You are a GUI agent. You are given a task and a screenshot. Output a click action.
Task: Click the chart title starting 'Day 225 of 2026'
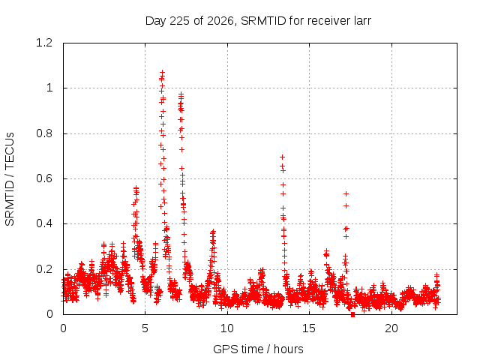tap(258, 21)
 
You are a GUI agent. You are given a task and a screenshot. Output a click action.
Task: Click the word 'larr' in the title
tap(362, 21)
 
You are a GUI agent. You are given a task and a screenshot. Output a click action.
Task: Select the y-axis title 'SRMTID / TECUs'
tap(10, 179)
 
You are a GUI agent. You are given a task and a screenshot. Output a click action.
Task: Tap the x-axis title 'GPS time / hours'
tap(258, 349)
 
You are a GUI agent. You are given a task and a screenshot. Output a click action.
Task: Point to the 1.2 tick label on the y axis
tap(44, 43)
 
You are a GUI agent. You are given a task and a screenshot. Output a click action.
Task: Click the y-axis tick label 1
tap(49, 88)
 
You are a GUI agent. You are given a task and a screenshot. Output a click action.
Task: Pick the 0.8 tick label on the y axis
tap(44, 133)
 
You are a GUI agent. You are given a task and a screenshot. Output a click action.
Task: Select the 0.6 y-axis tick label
tap(44, 178)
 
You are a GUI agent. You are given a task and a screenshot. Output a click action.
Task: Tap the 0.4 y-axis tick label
tap(44, 223)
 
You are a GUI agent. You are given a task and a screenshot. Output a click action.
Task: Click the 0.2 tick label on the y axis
tap(44, 269)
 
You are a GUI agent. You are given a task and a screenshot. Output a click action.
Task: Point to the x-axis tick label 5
tap(145, 328)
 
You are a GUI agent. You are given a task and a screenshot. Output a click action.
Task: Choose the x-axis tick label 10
tap(227, 328)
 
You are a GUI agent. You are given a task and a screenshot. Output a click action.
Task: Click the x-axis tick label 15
tap(309, 328)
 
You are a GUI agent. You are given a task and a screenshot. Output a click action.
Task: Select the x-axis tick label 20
tap(391, 328)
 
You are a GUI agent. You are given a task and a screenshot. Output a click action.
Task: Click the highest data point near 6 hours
tap(162, 73)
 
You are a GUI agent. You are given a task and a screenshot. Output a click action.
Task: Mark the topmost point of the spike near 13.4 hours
tap(283, 157)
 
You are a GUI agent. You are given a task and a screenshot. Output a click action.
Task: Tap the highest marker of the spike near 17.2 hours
tap(346, 193)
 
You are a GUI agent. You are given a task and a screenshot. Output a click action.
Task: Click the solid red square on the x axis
tap(352, 314)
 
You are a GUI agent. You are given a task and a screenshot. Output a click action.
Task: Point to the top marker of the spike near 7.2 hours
tap(181, 94)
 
